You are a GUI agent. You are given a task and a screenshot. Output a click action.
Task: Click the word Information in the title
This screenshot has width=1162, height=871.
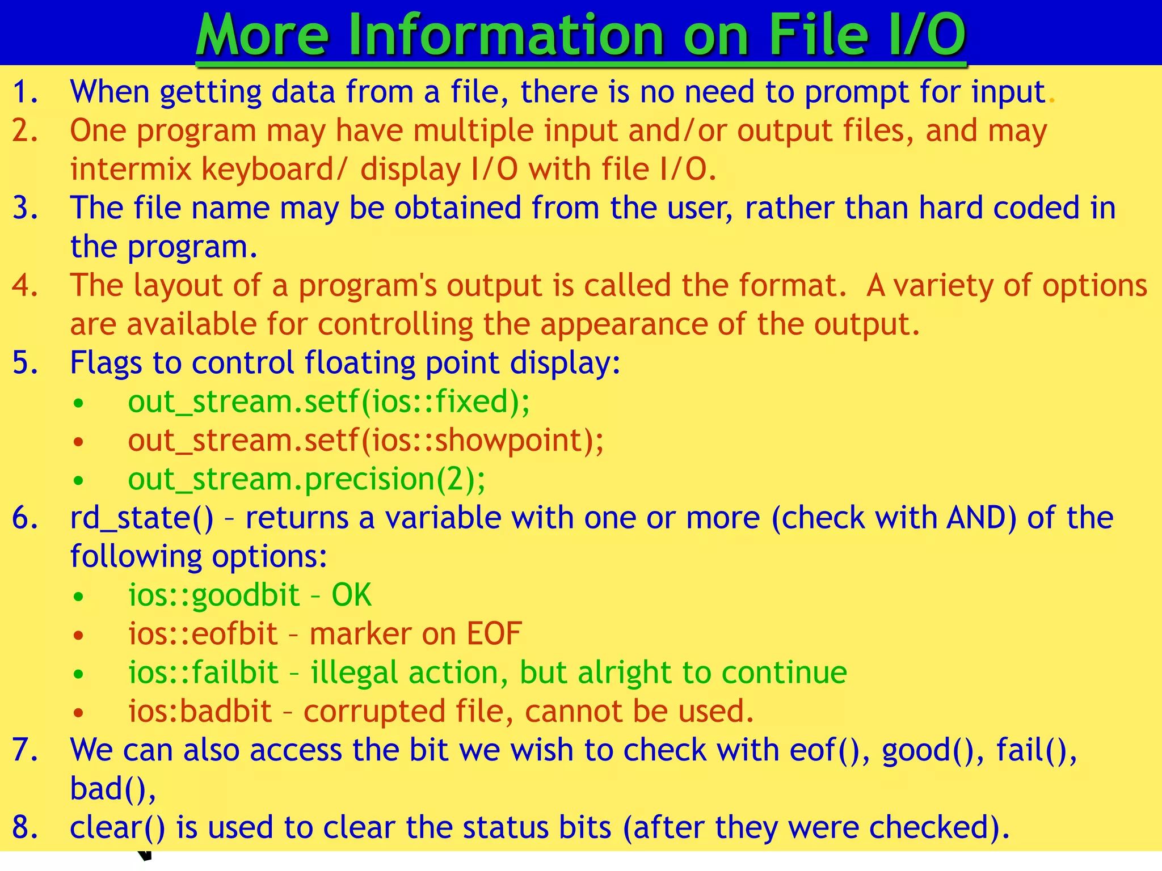[505, 35]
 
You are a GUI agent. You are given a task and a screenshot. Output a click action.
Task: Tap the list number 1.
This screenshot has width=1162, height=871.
[24, 92]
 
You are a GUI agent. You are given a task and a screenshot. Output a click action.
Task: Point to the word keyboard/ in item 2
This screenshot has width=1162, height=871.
[273, 170]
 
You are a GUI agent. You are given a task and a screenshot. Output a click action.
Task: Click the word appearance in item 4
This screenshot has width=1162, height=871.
[624, 324]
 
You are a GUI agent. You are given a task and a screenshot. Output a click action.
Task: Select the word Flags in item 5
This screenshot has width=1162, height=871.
[106, 363]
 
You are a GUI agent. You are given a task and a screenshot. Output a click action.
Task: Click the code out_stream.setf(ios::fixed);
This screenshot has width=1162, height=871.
[329, 402]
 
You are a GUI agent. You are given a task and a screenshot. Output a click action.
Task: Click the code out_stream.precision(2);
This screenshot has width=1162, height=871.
[306, 480]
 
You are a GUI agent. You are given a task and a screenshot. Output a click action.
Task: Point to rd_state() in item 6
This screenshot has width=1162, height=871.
[142, 518]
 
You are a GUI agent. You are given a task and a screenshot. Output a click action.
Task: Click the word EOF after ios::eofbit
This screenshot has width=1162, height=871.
[494, 634]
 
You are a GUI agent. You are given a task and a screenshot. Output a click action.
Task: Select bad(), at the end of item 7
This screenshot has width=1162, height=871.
[113, 789]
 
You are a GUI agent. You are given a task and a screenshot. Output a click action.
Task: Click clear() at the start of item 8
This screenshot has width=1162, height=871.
[117, 828]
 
